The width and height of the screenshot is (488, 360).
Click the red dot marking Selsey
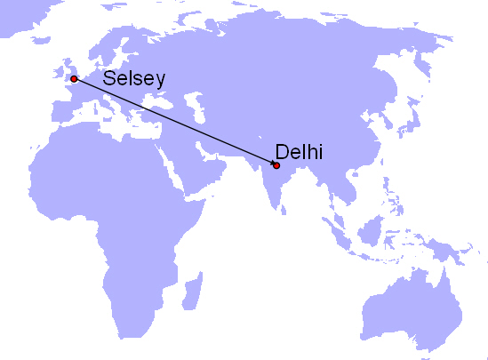[x=74, y=79]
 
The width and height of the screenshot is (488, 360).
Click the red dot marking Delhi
[x=276, y=165]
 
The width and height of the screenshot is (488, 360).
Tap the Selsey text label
[x=134, y=78]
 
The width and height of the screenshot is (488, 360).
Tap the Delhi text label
[x=299, y=152]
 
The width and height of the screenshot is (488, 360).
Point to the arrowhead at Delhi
[x=272, y=164]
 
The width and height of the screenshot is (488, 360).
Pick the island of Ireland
[x=56, y=74]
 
